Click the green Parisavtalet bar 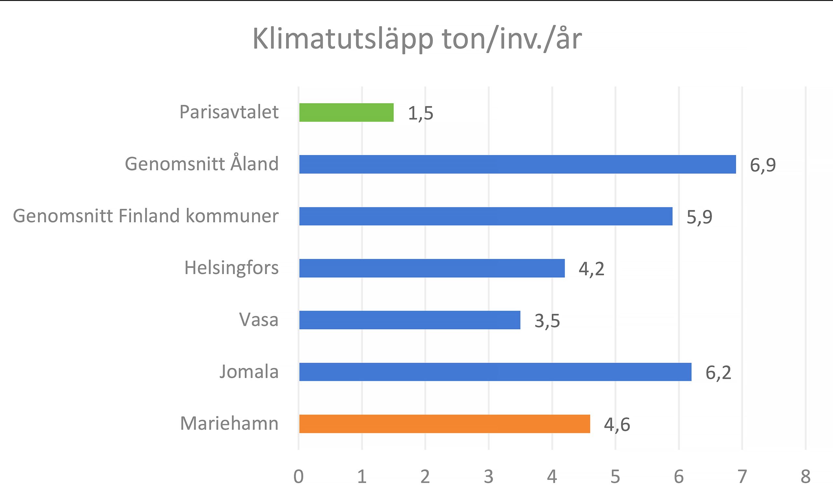[346, 112]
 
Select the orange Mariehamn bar [444, 424]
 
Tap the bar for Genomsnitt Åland [517, 164]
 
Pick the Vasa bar [409, 320]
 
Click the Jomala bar [495, 372]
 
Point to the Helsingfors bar [431, 268]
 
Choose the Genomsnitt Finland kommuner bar [486, 216]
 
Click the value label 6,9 [763, 165]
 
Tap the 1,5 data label [420, 113]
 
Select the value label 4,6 [617, 425]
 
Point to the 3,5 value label [547, 321]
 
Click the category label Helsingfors [231, 268]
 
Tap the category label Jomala [249, 372]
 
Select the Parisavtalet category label [229, 112]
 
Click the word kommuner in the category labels [232, 216]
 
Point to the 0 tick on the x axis [298, 477]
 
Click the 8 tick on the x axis [805, 477]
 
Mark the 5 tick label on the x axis [615, 477]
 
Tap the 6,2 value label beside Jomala [718, 373]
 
